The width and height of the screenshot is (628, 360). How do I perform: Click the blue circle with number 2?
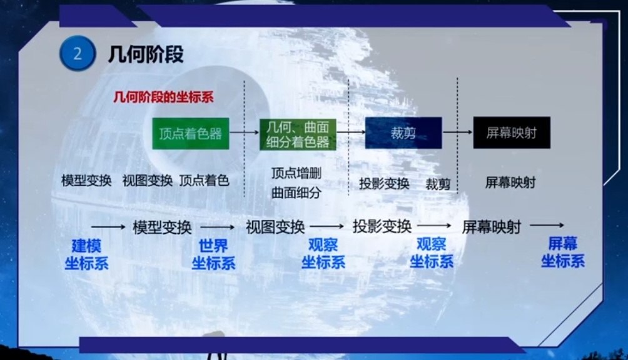point(78,53)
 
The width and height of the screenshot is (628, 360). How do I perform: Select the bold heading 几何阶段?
point(146,54)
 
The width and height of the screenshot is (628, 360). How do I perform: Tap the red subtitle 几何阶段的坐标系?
point(163,97)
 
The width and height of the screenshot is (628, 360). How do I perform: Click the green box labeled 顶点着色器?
point(191,134)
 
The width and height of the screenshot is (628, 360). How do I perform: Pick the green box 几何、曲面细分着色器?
point(298,135)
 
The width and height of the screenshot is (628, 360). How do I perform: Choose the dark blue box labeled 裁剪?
point(403,132)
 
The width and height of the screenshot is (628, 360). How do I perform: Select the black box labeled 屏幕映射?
point(512,132)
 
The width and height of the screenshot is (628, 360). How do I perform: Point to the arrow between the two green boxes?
point(245,132)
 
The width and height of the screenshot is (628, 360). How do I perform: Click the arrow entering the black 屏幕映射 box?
point(457,132)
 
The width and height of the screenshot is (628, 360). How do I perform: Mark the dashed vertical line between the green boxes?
point(245,138)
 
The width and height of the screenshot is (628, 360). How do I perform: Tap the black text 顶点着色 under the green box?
point(204,181)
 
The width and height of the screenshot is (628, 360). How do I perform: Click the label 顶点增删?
point(296,173)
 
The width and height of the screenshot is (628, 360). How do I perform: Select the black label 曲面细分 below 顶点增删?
point(296,192)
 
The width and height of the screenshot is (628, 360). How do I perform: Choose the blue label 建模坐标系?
point(86,254)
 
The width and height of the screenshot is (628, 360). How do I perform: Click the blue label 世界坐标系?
point(213,254)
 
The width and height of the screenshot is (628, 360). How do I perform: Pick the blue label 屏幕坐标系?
point(563,252)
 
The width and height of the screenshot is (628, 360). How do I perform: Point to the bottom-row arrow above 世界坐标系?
point(218,227)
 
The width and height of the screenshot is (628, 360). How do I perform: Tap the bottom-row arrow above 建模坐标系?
point(108,227)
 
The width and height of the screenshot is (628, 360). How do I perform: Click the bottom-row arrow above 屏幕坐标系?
point(547,226)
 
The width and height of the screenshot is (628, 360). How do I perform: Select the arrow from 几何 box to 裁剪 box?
point(351,132)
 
